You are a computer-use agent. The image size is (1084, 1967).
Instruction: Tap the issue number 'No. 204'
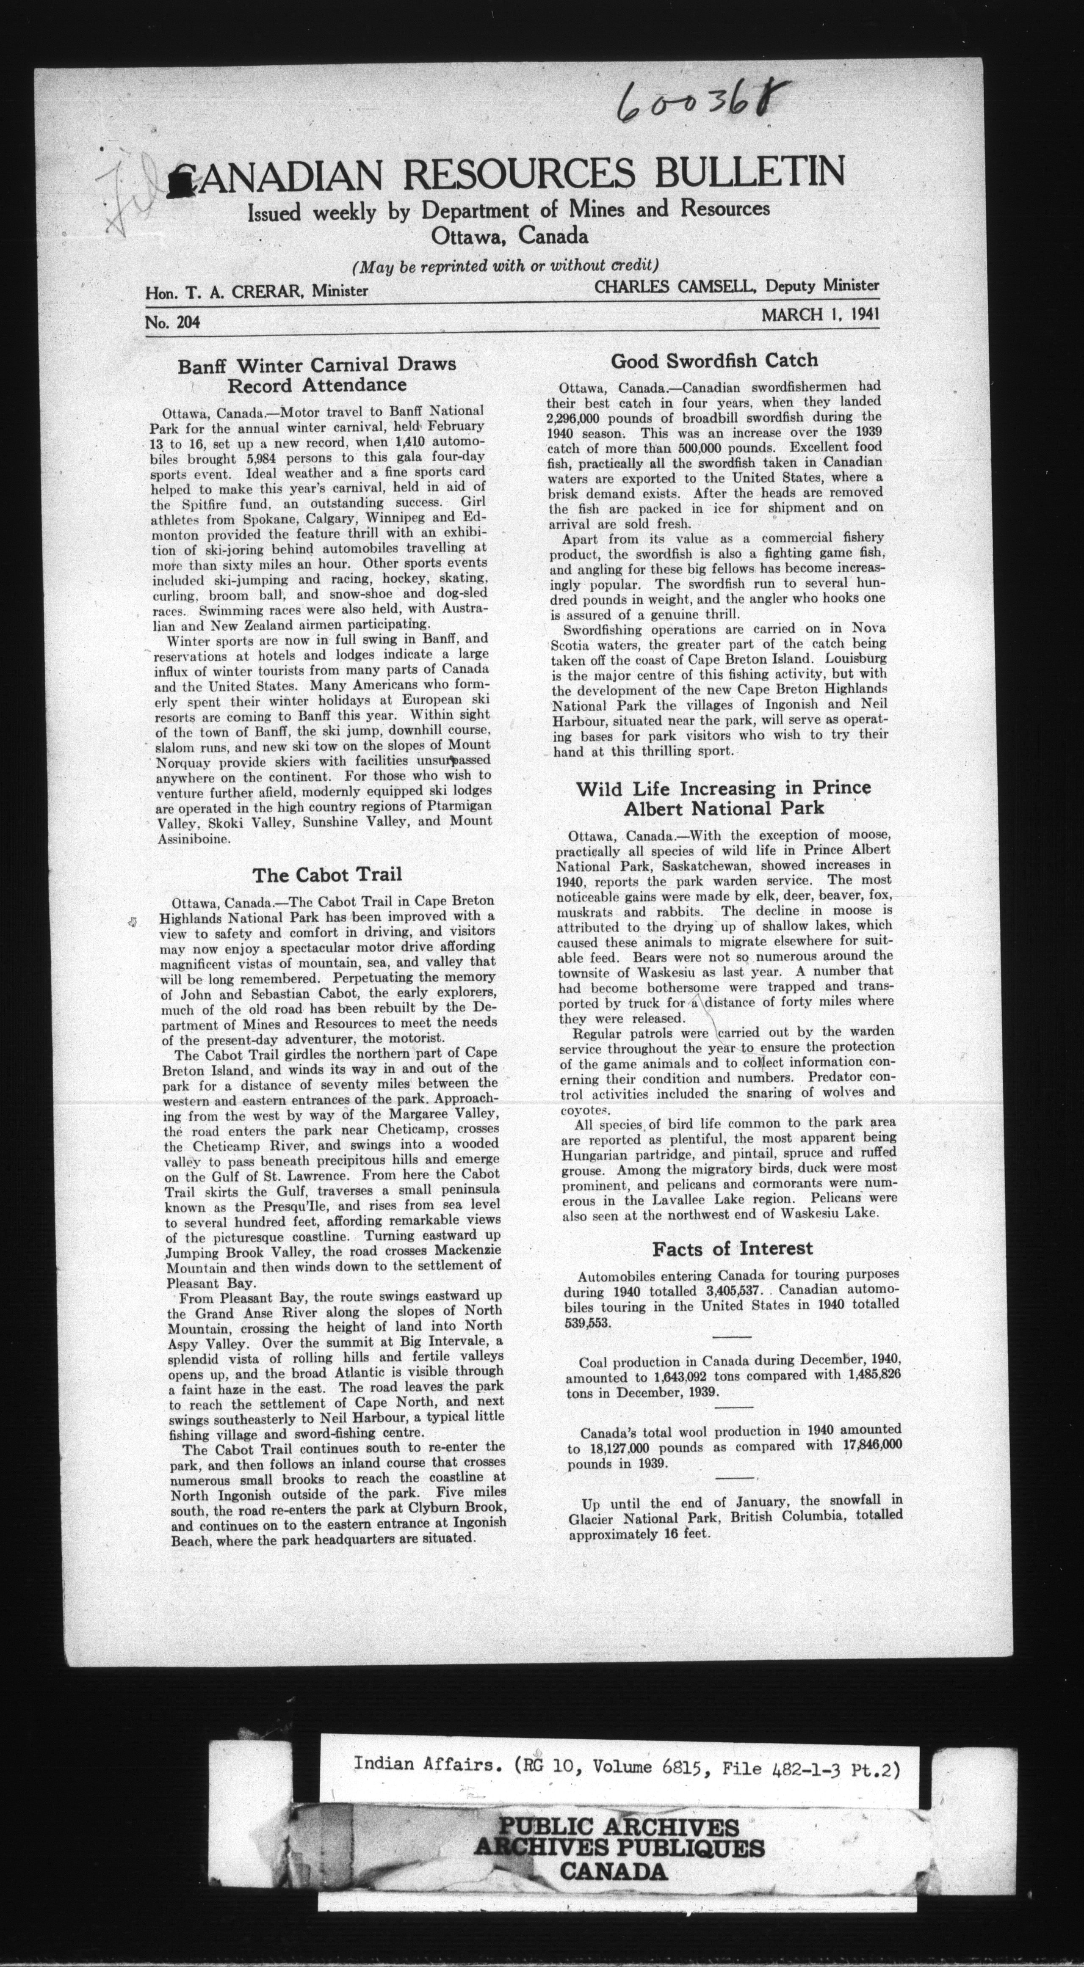click(x=172, y=323)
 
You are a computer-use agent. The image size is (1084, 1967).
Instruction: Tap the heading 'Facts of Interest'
click(x=732, y=1248)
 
